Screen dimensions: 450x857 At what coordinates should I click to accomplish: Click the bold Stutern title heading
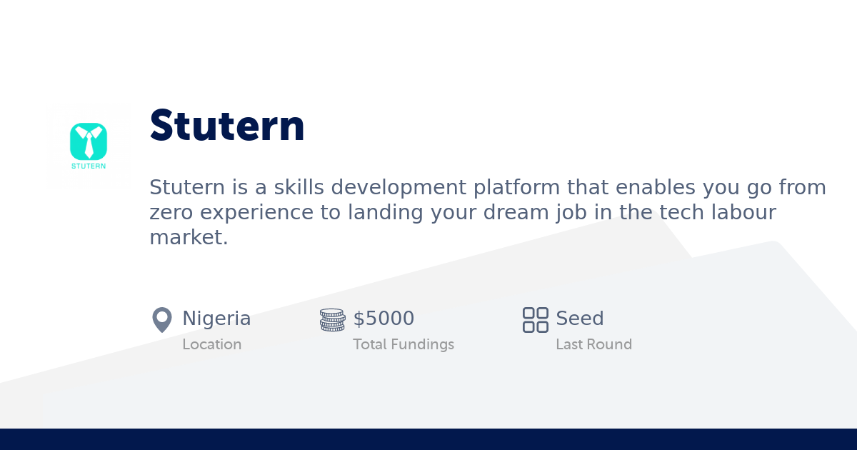tap(227, 126)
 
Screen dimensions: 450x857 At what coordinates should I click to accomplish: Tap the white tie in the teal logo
tap(89, 143)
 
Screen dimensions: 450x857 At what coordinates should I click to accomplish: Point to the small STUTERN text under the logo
tap(89, 166)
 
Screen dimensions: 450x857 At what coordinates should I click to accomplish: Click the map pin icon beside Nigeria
tap(162, 319)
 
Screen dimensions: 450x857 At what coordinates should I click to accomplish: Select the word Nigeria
tap(216, 319)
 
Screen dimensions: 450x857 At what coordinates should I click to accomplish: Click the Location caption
tap(211, 344)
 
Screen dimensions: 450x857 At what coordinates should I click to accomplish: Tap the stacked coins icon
tap(332, 319)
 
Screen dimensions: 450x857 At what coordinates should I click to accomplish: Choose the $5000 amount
tap(384, 319)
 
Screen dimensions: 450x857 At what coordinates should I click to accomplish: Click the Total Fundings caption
tap(404, 344)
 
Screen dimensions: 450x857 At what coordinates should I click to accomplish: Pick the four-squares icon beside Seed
tap(536, 319)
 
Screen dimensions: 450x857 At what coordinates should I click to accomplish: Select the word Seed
tap(580, 319)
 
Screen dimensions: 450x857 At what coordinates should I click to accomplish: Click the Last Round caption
tap(593, 344)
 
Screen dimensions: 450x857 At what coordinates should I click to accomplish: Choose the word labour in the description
tap(742, 213)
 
